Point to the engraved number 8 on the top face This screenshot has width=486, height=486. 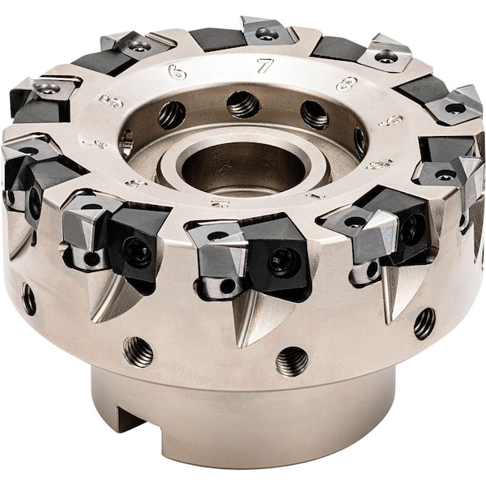pyautogui.click(x=347, y=83)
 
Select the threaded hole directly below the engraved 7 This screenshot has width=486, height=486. pyautogui.click(x=242, y=103)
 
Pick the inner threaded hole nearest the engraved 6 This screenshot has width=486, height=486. pyautogui.click(x=172, y=114)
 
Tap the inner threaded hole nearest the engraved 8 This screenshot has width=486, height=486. pyautogui.click(x=314, y=113)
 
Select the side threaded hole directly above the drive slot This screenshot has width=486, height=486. pyautogui.click(x=138, y=351)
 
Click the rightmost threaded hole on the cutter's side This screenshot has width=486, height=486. pyautogui.click(x=424, y=323)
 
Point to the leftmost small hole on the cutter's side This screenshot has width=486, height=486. pyautogui.click(x=29, y=299)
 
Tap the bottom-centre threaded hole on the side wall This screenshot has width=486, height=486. pyautogui.click(x=292, y=361)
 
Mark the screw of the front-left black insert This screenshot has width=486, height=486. pyautogui.click(x=137, y=252)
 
